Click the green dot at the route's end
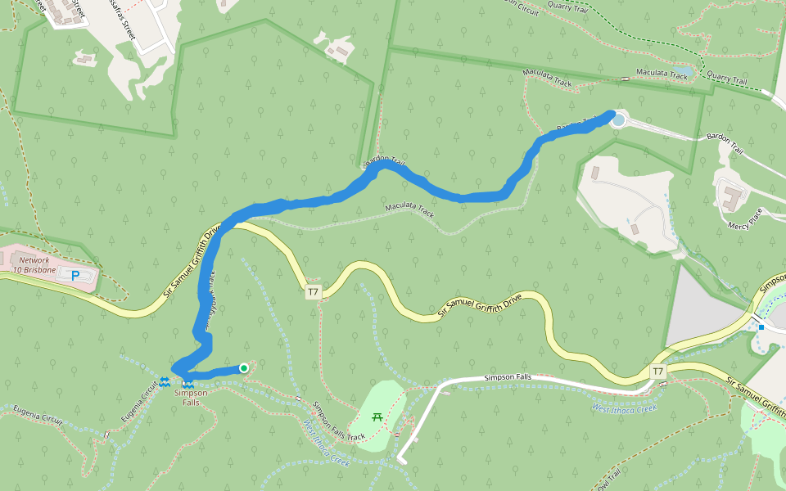(244, 368)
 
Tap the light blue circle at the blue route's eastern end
(618, 120)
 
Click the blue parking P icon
(75, 277)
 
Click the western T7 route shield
(313, 292)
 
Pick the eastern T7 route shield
(657, 372)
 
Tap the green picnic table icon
(377, 417)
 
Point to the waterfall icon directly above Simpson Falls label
(188, 383)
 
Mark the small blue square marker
(761, 327)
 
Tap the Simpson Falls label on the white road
(508, 377)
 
